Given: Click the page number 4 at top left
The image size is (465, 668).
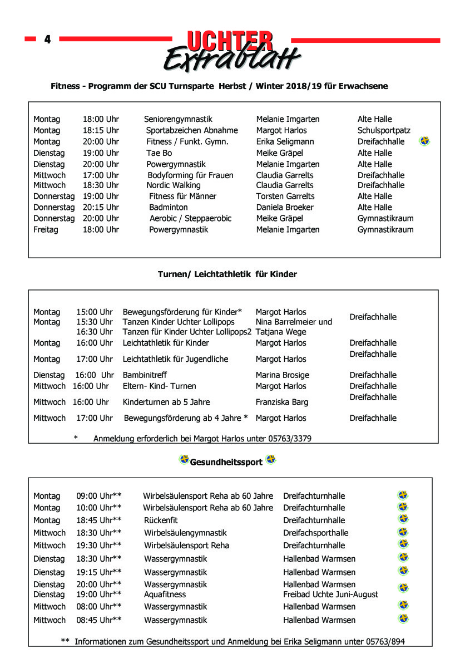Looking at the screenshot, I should [x=47, y=40].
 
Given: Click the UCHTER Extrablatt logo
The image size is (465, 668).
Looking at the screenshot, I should [x=231, y=51].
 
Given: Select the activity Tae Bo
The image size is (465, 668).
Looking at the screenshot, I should [x=159, y=153].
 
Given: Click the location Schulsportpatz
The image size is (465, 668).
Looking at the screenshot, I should [x=384, y=130].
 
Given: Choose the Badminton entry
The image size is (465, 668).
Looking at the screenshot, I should [x=169, y=207].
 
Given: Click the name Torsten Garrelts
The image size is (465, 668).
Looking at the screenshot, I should [x=285, y=196].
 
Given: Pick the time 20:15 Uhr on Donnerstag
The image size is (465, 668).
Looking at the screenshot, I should [x=101, y=207].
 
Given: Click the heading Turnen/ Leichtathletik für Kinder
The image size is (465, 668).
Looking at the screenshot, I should [x=227, y=274].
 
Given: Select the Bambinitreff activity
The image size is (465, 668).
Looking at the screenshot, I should [x=145, y=375].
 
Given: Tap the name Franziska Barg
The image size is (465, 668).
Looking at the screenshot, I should [x=281, y=402].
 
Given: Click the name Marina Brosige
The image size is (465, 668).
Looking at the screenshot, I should [x=282, y=375].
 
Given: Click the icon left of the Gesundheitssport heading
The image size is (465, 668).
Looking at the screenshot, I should [x=184, y=460].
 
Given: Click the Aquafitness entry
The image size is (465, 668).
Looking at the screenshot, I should [x=165, y=595].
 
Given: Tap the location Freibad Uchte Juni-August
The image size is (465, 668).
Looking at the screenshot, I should [x=330, y=595].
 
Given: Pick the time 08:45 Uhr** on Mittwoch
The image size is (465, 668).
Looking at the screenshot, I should [x=99, y=620].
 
